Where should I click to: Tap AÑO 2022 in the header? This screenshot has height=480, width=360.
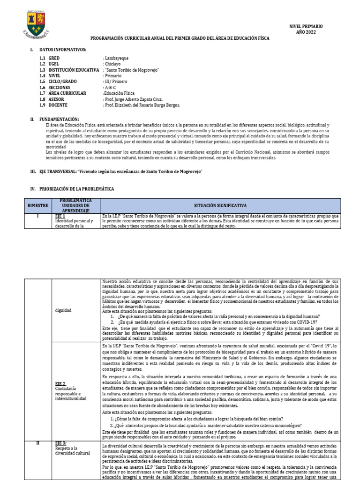[306, 32]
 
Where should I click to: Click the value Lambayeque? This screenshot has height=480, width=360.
[117, 58]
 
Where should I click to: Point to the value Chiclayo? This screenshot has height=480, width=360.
[113, 64]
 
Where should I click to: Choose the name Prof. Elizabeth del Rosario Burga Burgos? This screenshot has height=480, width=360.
[142, 105]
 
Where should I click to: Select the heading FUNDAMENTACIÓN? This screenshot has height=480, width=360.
[59, 120]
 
